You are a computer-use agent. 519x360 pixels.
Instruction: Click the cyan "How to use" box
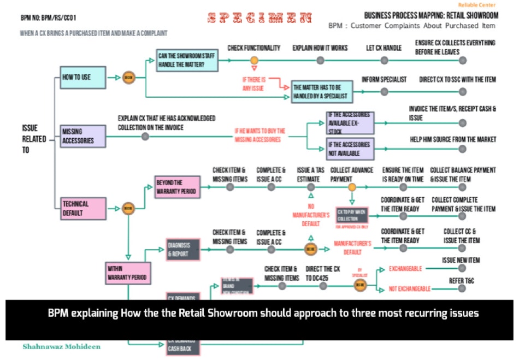point(82,78)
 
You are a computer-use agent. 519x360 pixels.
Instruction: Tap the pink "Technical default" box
point(82,209)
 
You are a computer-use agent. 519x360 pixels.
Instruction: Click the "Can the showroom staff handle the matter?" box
point(187,60)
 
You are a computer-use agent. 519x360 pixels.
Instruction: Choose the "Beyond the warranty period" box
point(177,186)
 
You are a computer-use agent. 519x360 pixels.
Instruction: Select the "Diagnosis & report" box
point(183,250)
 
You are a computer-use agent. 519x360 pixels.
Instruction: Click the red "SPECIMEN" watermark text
point(260,18)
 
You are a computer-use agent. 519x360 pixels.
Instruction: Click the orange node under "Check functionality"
point(254,60)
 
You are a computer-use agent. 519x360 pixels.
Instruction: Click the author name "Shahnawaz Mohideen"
point(61,346)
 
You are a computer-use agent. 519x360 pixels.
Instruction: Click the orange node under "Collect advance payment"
point(352,187)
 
